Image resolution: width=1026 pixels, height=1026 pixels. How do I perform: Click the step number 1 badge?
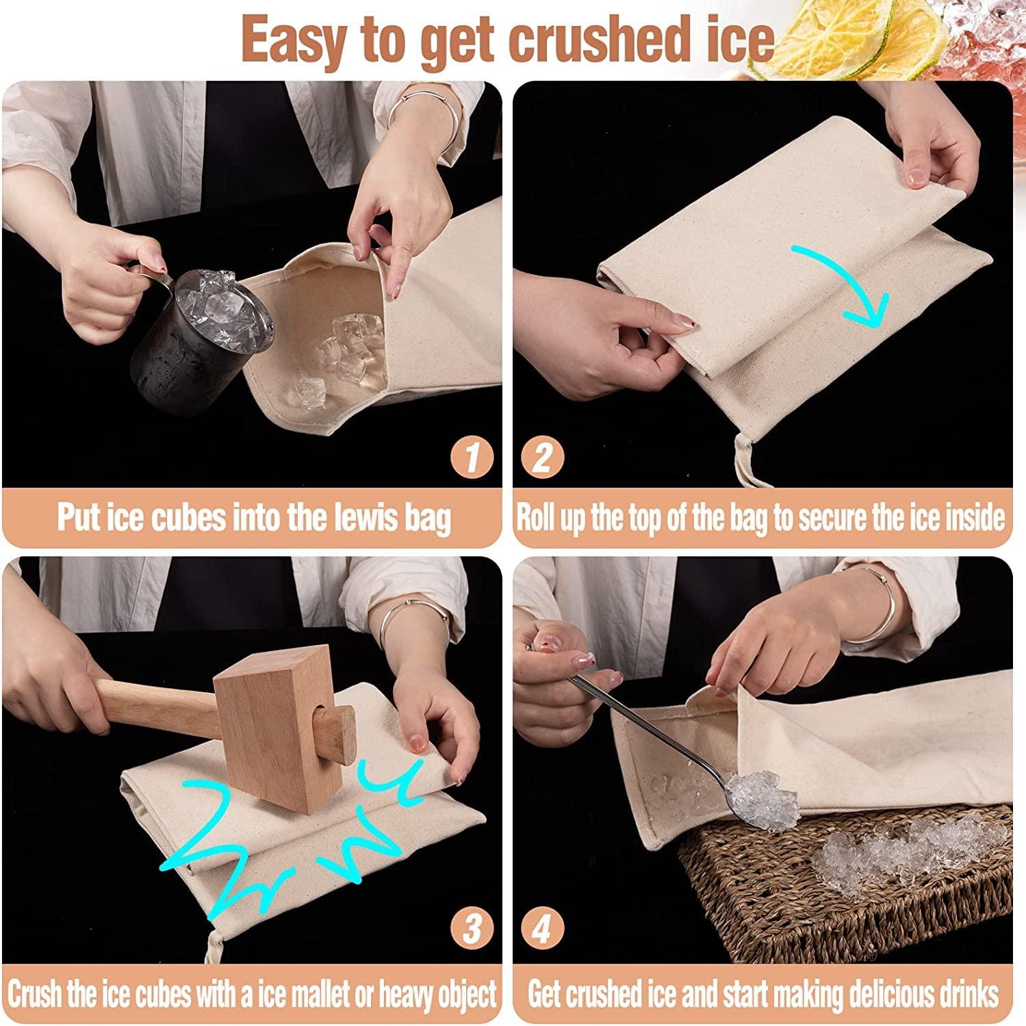click(472, 456)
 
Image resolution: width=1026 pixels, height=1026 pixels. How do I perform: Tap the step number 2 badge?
click(543, 456)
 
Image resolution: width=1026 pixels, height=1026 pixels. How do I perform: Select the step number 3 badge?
click(472, 930)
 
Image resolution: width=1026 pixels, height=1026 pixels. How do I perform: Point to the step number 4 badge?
click(543, 930)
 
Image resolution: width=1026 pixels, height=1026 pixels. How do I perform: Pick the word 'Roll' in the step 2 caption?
click(537, 517)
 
